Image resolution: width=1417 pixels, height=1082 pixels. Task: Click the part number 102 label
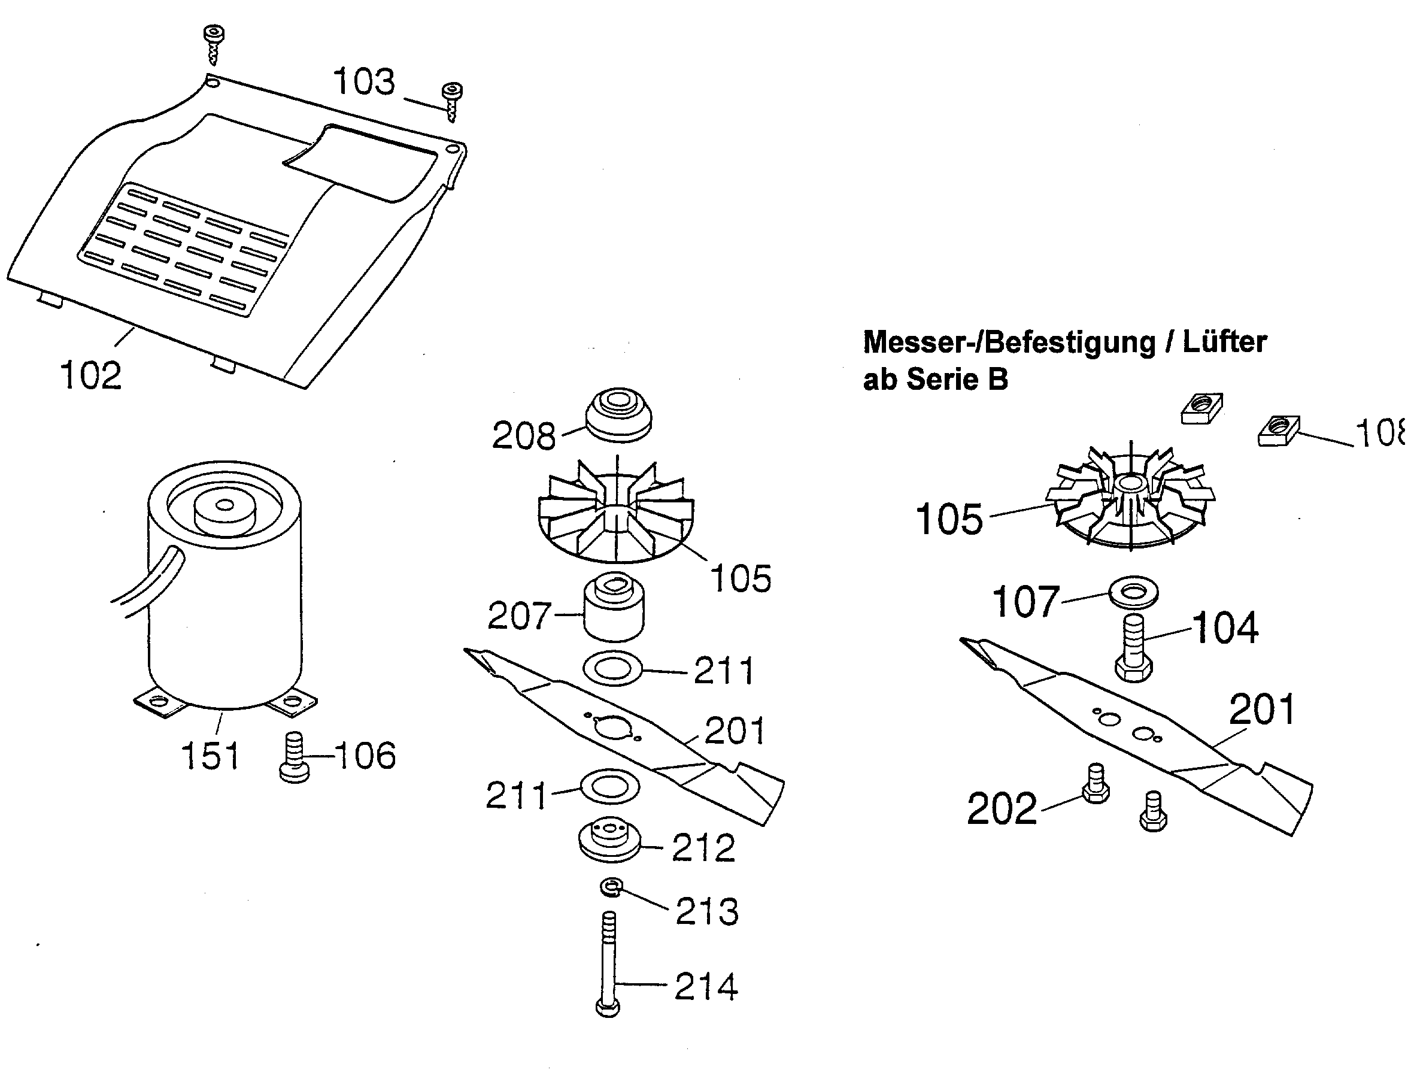91,375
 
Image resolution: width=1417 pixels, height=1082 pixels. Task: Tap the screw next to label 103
452,101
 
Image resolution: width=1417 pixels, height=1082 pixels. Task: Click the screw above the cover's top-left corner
214,43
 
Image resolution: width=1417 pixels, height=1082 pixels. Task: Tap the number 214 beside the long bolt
706,987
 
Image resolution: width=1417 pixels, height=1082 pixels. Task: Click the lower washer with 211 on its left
609,787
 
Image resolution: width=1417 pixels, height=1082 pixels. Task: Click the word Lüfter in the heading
1224,341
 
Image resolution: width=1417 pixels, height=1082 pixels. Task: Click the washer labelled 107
1133,591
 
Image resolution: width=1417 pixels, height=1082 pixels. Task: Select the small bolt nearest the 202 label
1095,783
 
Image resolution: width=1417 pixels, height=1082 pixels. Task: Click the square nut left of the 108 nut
1201,408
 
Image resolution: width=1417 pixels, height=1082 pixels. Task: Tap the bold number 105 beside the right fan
949,519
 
